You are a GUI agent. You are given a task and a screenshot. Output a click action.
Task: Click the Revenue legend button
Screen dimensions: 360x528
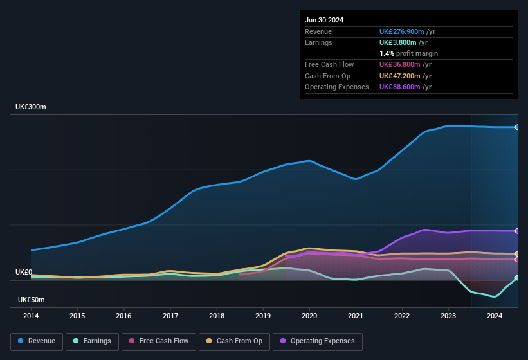(x=37, y=341)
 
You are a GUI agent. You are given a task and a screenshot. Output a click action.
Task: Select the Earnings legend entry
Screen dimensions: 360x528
(x=92, y=341)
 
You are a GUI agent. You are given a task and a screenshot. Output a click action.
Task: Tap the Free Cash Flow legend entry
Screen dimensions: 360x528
(x=158, y=341)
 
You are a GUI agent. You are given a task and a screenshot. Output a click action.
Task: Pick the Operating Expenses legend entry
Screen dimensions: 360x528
(x=317, y=341)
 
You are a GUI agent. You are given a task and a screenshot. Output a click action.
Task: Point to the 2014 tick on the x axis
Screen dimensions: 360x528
(x=31, y=316)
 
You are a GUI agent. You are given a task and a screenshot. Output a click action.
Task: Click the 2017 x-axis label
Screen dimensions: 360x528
(x=170, y=316)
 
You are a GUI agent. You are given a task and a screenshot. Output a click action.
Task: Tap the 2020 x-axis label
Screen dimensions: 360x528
(x=309, y=316)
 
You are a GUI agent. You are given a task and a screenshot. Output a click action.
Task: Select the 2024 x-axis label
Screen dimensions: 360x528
(x=495, y=316)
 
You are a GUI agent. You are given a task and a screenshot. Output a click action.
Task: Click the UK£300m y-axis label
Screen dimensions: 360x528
(x=31, y=107)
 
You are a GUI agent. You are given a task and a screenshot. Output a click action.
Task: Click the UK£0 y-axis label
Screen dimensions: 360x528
(x=24, y=273)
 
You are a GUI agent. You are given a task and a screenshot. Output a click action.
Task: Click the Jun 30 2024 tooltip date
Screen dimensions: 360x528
(x=324, y=20)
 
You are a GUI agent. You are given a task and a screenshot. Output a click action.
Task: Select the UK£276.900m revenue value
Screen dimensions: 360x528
(x=401, y=32)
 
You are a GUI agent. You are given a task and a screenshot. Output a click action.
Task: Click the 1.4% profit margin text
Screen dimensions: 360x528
(x=408, y=53)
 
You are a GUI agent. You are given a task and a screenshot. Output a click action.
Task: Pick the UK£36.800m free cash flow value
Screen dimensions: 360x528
(x=399, y=65)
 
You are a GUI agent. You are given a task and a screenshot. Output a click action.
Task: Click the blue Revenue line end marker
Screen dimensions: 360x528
(x=517, y=127)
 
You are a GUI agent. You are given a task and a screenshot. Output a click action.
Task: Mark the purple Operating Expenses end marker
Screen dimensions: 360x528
(x=517, y=231)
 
